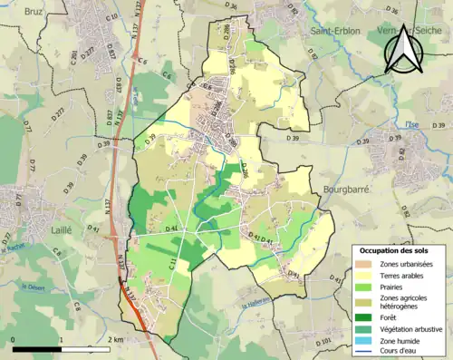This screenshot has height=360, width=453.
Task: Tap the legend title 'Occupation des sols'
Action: (397, 249)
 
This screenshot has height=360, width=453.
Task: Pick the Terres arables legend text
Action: (406, 275)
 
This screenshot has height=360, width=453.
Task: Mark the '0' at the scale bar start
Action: (14, 340)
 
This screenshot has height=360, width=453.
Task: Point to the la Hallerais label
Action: (257, 305)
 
